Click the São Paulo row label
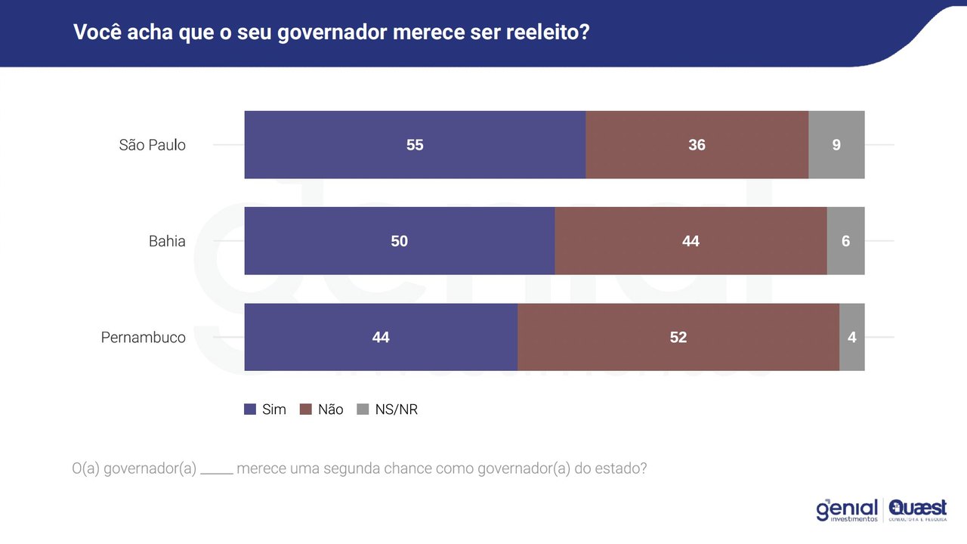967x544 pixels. click(x=152, y=145)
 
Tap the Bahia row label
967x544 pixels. click(x=167, y=241)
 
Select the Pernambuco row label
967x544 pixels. click(x=143, y=337)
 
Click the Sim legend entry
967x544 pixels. click(x=265, y=410)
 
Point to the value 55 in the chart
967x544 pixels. click(x=415, y=145)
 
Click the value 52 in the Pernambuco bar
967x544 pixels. click(x=678, y=337)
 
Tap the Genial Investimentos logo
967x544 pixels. click(x=847, y=510)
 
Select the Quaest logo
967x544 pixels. click(x=918, y=510)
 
